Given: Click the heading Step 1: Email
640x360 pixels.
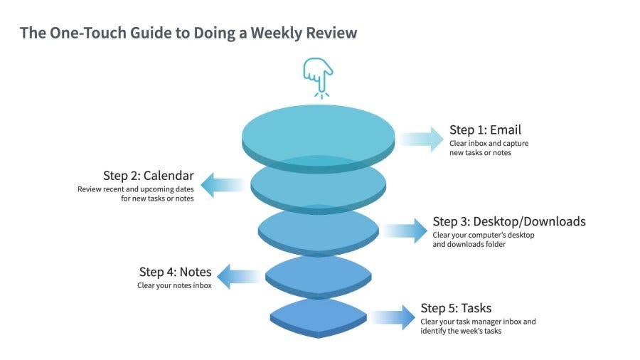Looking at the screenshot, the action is (x=485, y=129).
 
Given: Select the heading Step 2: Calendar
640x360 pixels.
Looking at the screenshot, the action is (x=148, y=176).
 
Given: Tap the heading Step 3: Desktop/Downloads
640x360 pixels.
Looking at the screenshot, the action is (x=509, y=221).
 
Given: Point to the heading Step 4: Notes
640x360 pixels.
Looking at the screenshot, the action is (x=175, y=272).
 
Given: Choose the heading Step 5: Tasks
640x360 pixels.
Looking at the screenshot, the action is (x=456, y=308).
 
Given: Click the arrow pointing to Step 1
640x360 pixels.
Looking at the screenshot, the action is (x=421, y=139).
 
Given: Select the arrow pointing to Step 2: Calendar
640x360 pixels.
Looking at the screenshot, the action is (x=223, y=185).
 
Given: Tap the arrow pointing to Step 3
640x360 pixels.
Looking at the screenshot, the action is (x=405, y=231).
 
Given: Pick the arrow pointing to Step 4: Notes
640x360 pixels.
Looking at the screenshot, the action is (x=240, y=276).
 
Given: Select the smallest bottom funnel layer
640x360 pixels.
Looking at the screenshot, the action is (x=319, y=318).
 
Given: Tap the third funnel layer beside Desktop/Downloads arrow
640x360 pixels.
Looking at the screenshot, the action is (x=319, y=231).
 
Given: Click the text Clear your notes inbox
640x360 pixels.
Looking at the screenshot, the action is (x=174, y=285).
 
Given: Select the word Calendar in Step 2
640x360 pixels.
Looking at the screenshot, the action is (x=169, y=176).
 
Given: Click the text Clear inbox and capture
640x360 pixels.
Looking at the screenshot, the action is (x=489, y=143).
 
